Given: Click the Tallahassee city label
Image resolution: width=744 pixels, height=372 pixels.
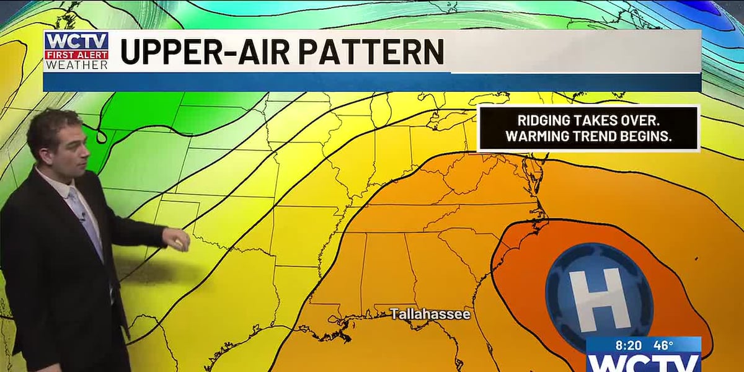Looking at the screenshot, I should (430, 314).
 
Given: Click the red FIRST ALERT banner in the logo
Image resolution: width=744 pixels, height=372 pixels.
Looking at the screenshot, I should (76, 55).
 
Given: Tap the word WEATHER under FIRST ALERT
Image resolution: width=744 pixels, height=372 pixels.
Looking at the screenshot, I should (76, 64).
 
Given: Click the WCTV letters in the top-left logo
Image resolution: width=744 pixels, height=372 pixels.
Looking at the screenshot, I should (76, 42).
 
